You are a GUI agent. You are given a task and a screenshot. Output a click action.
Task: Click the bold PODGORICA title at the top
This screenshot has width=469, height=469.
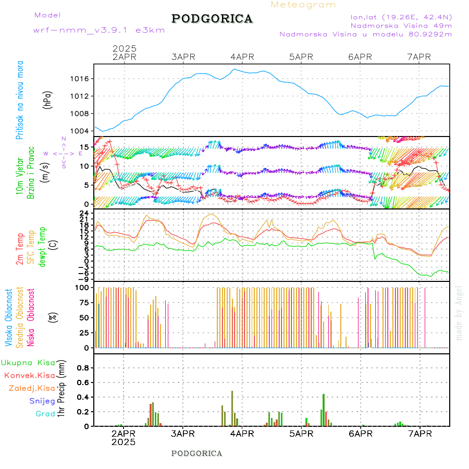point(212,19)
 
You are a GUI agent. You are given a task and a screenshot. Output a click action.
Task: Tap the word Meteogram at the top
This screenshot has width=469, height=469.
point(303,5)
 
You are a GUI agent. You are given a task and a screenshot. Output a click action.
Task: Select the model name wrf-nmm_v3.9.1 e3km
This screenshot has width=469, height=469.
point(99,30)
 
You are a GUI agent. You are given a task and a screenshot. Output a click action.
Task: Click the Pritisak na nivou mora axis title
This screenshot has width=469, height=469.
point(20,100)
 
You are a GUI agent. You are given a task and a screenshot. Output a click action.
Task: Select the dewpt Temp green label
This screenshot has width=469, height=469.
point(42,246)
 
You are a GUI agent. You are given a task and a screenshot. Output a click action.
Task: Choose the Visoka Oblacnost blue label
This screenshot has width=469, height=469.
point(9,317)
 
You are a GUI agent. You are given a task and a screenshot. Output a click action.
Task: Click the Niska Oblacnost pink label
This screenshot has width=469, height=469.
point(31,317)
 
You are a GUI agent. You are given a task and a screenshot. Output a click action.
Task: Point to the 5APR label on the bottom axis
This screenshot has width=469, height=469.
point(300,434)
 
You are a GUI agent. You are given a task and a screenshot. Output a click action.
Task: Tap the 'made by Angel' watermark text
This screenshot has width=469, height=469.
point(459,313)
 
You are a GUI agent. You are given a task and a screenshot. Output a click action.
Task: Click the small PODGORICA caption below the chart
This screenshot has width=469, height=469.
point(196,453)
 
